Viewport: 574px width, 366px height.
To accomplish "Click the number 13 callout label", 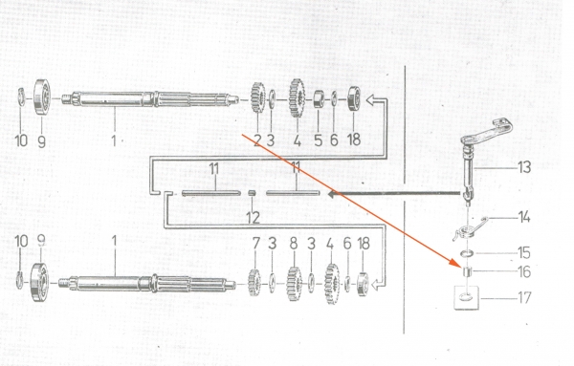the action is pos(524,167).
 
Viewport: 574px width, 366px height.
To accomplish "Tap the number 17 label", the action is pos(524,297).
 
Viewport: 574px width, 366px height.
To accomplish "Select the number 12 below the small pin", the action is pos(253,218).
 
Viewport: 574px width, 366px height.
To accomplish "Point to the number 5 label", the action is pos(319,140).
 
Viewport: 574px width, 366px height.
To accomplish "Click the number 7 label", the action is pos(255,244).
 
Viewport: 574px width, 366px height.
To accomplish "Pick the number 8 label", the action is pos(294,244).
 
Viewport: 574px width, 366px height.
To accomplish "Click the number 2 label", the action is pos(257,140).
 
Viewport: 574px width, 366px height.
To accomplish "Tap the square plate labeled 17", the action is pos(467,297).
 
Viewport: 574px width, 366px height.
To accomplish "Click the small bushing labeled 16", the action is pos(467,272).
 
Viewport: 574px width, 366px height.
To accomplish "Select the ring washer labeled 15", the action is pos(467,253).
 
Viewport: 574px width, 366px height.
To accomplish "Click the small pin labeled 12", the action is pos(252,193).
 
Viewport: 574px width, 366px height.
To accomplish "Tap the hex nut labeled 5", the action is pos(319,99).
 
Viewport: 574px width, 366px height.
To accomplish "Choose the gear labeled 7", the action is pos(254,282).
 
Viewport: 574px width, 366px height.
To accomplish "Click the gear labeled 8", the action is pos(294,284).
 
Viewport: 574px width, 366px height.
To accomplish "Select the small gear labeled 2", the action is pos(257,97).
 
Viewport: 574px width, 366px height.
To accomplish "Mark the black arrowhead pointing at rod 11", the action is pos(333,194).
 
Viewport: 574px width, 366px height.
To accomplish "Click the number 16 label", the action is pos(524,271).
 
